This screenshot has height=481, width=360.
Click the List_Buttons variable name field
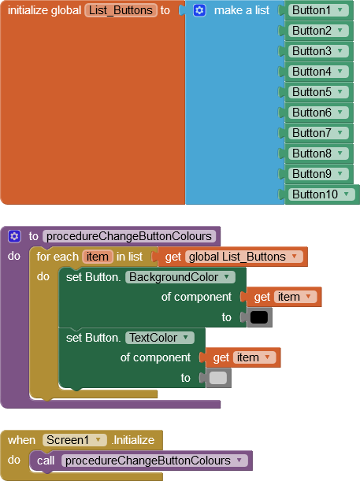(x=120, y=10)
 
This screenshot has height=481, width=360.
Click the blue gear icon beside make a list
(x=199, y=11)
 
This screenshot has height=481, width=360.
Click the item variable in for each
(x=98, y=257)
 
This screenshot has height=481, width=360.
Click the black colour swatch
(x=259, y=317)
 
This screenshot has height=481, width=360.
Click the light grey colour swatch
(x=218, y=378)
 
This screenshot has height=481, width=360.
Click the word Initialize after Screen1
(x=134, y=440)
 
